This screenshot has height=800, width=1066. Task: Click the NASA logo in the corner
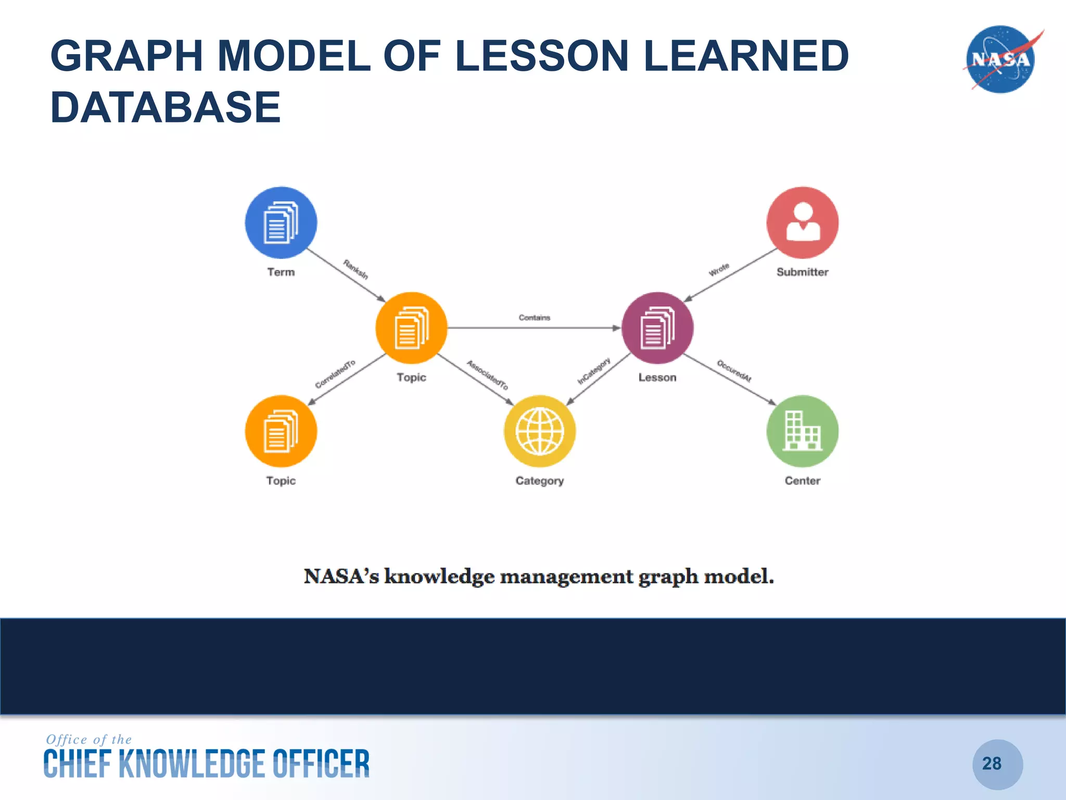pyautogui.click(x=1000, y=59)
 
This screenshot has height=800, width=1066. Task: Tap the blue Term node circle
pyautogui.click(x=281, y=222)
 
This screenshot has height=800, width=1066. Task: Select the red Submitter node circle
pyautogui.click(x=802, y=222)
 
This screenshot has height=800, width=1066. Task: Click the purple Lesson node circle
pyautogui.click(x=657, y=328)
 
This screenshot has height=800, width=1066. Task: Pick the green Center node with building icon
pyautogui.click(x=802, y=431)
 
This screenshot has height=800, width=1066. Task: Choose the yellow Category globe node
pyautogui.click(x=540, y=431)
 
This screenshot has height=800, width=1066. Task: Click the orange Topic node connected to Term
pyautogui.click(x=411, y=328)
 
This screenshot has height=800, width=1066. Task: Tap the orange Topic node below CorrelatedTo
pyautogui.click(x=281, y=431)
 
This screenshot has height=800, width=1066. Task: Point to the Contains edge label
pyautogui.click(x=534, y=317)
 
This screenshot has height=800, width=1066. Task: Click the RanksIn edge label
pyautogui.click(x=356, y=269)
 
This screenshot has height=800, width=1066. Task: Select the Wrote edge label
pyautogui.click(x=719, y=270)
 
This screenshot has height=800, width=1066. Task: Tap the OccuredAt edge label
pyautogui.click(x=734, y=371)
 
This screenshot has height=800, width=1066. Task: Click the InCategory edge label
pyautogui.click(x=594, y=371)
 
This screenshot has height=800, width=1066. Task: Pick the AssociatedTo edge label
pyautogui.click(x=487, y=375)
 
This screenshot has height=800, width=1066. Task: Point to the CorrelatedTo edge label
pyautogui.click(x=335, y=374)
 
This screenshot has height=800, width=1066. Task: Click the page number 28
pyautogui.click(x=992, y=764)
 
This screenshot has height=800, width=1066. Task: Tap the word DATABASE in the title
pyautogui.click(x=166, y=107)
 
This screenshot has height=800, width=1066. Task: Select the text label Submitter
pyautogui.click(x=802, y=272)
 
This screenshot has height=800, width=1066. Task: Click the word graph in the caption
pyautogui.click(x=668, y=577)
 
